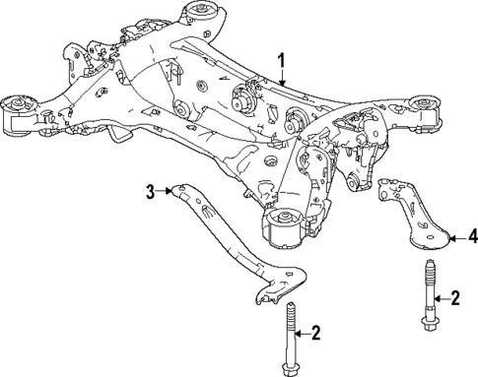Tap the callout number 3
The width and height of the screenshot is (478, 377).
[152, 191]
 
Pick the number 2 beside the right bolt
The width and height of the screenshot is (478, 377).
[455, 296]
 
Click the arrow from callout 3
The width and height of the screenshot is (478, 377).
[168, 191]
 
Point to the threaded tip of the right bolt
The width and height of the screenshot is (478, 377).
[431, 268]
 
